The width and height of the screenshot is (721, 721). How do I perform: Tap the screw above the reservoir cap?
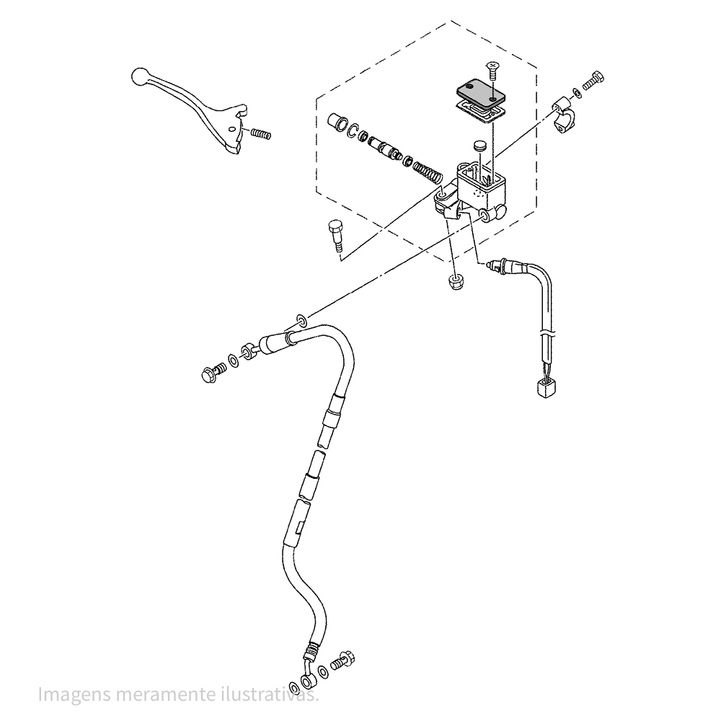pyautogui.click(x=493, y=70)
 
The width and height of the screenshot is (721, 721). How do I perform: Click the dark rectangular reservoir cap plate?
pyautogui.click(x=478, y=92)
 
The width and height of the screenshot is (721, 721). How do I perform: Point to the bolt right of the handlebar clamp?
pyautogui.click(x=593, y=81)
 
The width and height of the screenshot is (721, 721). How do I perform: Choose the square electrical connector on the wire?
pyautogui.click(x=547, y=389)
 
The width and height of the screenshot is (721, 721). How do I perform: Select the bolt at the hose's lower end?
pyautogui.click(x=342, y=660)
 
